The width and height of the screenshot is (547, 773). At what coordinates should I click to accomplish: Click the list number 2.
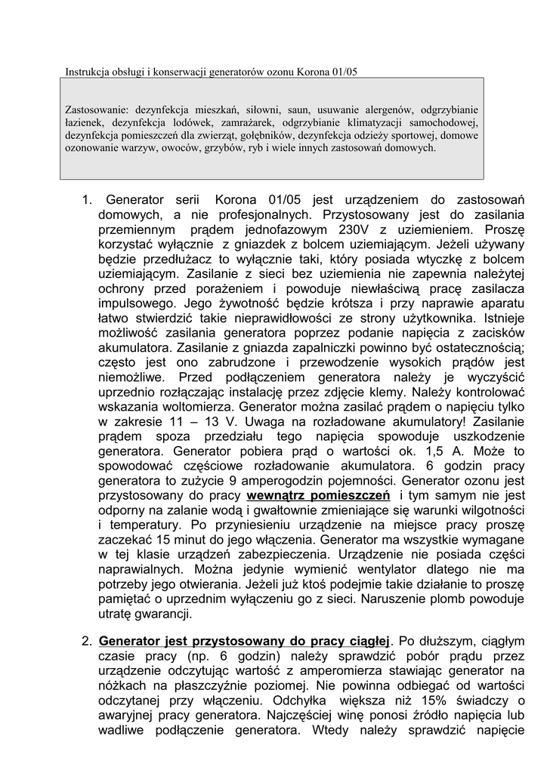point(86,642)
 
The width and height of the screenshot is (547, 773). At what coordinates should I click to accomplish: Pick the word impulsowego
point(134,303)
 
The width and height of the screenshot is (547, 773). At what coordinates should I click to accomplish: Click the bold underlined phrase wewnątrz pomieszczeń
point(318,494)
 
